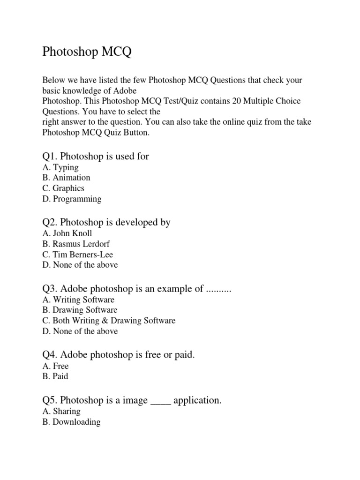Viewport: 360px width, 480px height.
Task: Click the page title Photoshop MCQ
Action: (87, 52)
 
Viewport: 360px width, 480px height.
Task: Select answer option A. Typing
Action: (60, 167)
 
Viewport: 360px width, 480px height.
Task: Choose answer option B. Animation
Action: (66, 178)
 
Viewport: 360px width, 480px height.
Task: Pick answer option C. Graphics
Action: (63, 188)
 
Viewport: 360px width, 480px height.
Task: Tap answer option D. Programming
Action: (72, 199)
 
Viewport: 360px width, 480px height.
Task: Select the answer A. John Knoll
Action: (67, 233)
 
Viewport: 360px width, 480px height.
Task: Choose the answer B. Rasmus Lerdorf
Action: (76, 244)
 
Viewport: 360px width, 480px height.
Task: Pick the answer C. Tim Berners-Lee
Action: (77, 255)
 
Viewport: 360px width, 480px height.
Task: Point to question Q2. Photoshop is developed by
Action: (106, 222)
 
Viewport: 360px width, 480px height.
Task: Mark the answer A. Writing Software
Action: (78, 300)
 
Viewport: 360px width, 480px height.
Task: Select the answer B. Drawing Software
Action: (80, 310)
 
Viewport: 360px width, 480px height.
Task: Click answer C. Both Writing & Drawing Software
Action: (109, 321)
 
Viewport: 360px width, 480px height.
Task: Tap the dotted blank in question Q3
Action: (219, 289)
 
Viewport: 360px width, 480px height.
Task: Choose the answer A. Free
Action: (55, 366)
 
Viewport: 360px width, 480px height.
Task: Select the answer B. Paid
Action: (55, 376)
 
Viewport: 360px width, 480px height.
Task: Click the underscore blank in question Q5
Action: (161, 401)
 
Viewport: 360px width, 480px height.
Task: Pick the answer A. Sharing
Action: (61, 411)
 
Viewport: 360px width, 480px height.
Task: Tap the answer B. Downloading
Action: (71, 422)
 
